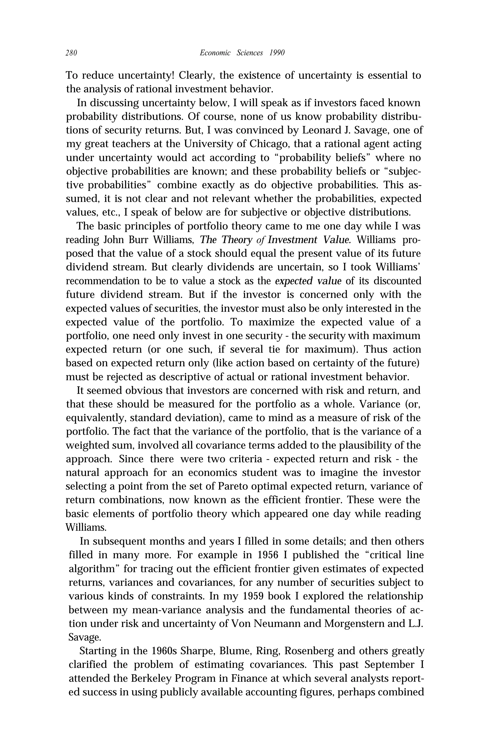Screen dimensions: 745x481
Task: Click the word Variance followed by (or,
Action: point(379,404)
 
